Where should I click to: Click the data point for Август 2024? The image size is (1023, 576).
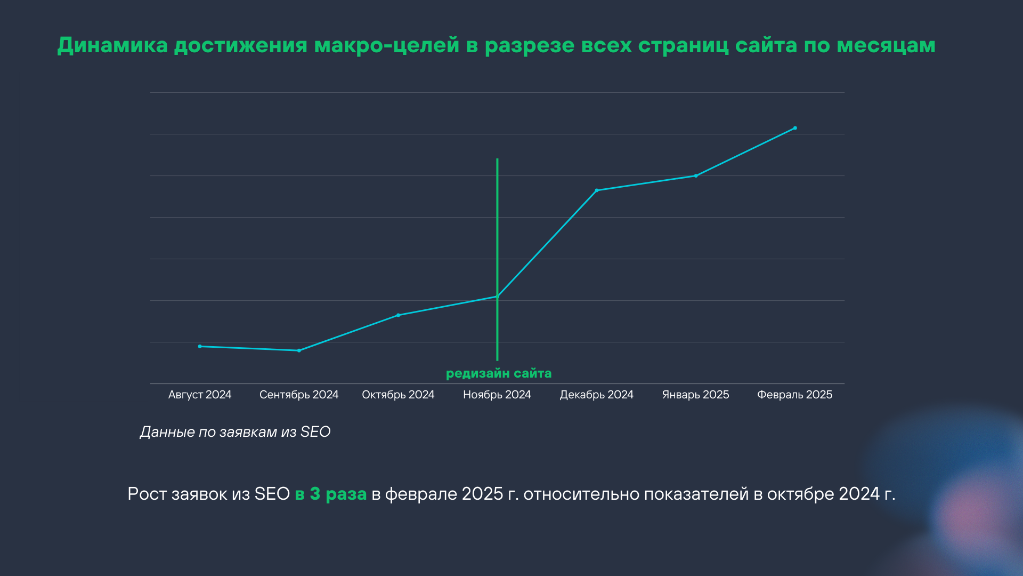pyautogui.click(x=200, y=347)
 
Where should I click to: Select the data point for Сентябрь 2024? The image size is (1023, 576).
pyautogui.click(x=299, y=350)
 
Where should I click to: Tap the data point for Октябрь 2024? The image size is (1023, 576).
pyautogui.click(x=398, y=315)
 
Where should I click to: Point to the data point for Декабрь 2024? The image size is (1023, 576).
pyautogui.click(x=597, y=190)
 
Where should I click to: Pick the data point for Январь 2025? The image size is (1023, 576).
pyautogui.click(x=696, y=176)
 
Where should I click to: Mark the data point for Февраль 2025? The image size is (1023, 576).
pyautogui.click(x=795, y=128)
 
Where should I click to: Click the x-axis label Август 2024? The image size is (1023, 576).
pyautogui.click(x=200, y=395)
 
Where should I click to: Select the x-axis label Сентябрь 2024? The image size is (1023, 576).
pyautogui.click(x=299, y=395)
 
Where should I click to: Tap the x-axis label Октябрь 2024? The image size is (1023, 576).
pyautogui.click(x=398, y=395)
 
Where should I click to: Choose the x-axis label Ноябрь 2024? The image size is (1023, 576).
pyautogui.click(x=497, y=395)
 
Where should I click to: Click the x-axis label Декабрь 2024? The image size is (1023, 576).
pyautogui.click(x=597, y=395)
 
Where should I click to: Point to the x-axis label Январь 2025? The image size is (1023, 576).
pyautogui.click(x=695, y=395)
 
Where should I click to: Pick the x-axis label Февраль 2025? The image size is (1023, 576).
pyautogui.click(x=794, y=395)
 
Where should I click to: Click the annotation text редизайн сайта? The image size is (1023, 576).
pyautogui.click(x=499, y=373)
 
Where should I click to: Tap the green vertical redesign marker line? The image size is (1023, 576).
pyautogui.click(x=497, y=224)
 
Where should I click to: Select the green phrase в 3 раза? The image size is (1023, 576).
pyautogui.click(x=331, y=494)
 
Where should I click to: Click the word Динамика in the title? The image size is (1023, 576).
pyautogui.click(x=112, y=45)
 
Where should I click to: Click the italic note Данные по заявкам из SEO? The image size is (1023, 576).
pyautogui.click(x=235, y=432)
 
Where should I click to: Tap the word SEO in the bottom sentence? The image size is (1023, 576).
pyautogui.click(x=272, y=494)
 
